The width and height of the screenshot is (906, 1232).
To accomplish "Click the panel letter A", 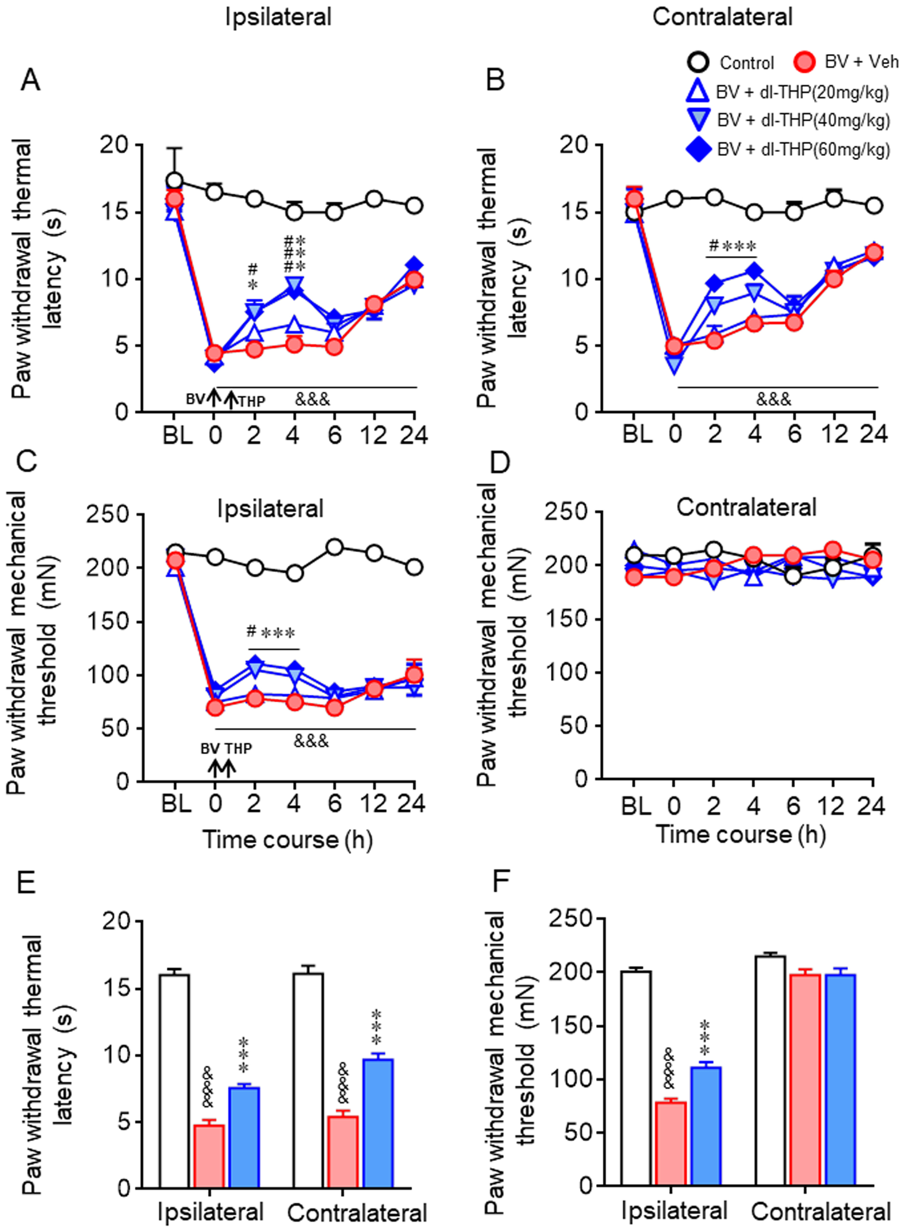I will coord(30,81).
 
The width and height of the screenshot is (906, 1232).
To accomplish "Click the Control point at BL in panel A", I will coord(174,181).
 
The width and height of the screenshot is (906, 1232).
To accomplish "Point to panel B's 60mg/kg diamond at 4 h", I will coord(755,271).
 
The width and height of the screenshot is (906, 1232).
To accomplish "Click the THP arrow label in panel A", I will coord(252,401).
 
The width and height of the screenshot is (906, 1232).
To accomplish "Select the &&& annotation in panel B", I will coord(773,399).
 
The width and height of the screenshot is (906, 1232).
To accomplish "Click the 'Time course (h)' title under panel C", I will coord(288,840).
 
